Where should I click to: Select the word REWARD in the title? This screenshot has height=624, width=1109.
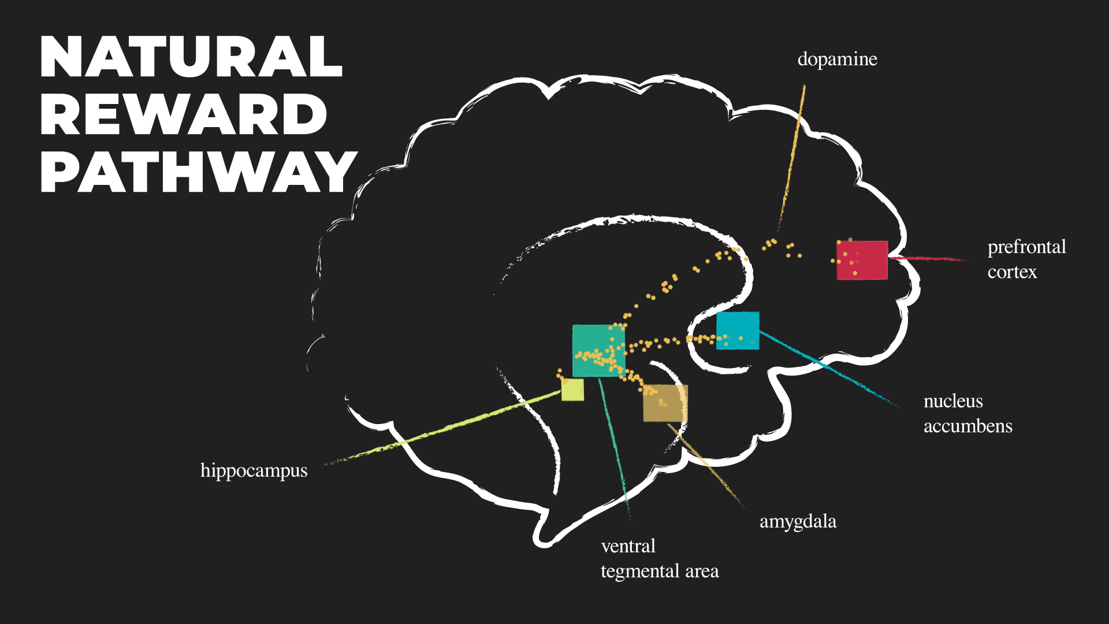(x=184, y=114)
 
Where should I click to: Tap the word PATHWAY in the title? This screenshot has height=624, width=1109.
(x=198, y=172)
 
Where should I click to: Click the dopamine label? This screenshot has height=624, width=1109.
(x=837, y=60)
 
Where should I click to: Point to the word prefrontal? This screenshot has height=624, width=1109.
(x=1026, y=247)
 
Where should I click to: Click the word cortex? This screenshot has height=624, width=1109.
(x=1012, y=272)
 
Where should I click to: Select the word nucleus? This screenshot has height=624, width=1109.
(x=953, y=401)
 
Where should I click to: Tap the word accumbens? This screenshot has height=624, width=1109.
(x=967, y=426)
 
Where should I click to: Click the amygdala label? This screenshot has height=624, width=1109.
(x=798, y=522)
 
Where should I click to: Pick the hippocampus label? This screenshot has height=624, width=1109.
(x=254, y=471)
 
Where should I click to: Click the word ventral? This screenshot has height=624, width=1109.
(x=628, y=546)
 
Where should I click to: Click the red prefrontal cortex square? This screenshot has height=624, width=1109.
(x=862, y=260)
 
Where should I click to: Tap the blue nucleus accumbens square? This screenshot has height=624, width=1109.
(x=738, y=330)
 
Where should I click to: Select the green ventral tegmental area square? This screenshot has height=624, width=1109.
(x=598, y=350)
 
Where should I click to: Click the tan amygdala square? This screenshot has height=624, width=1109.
(x=665, y=403)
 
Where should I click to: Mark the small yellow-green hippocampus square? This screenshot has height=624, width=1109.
(x=572, y=390)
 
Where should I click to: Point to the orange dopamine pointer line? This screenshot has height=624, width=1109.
(x=792, y=156)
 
